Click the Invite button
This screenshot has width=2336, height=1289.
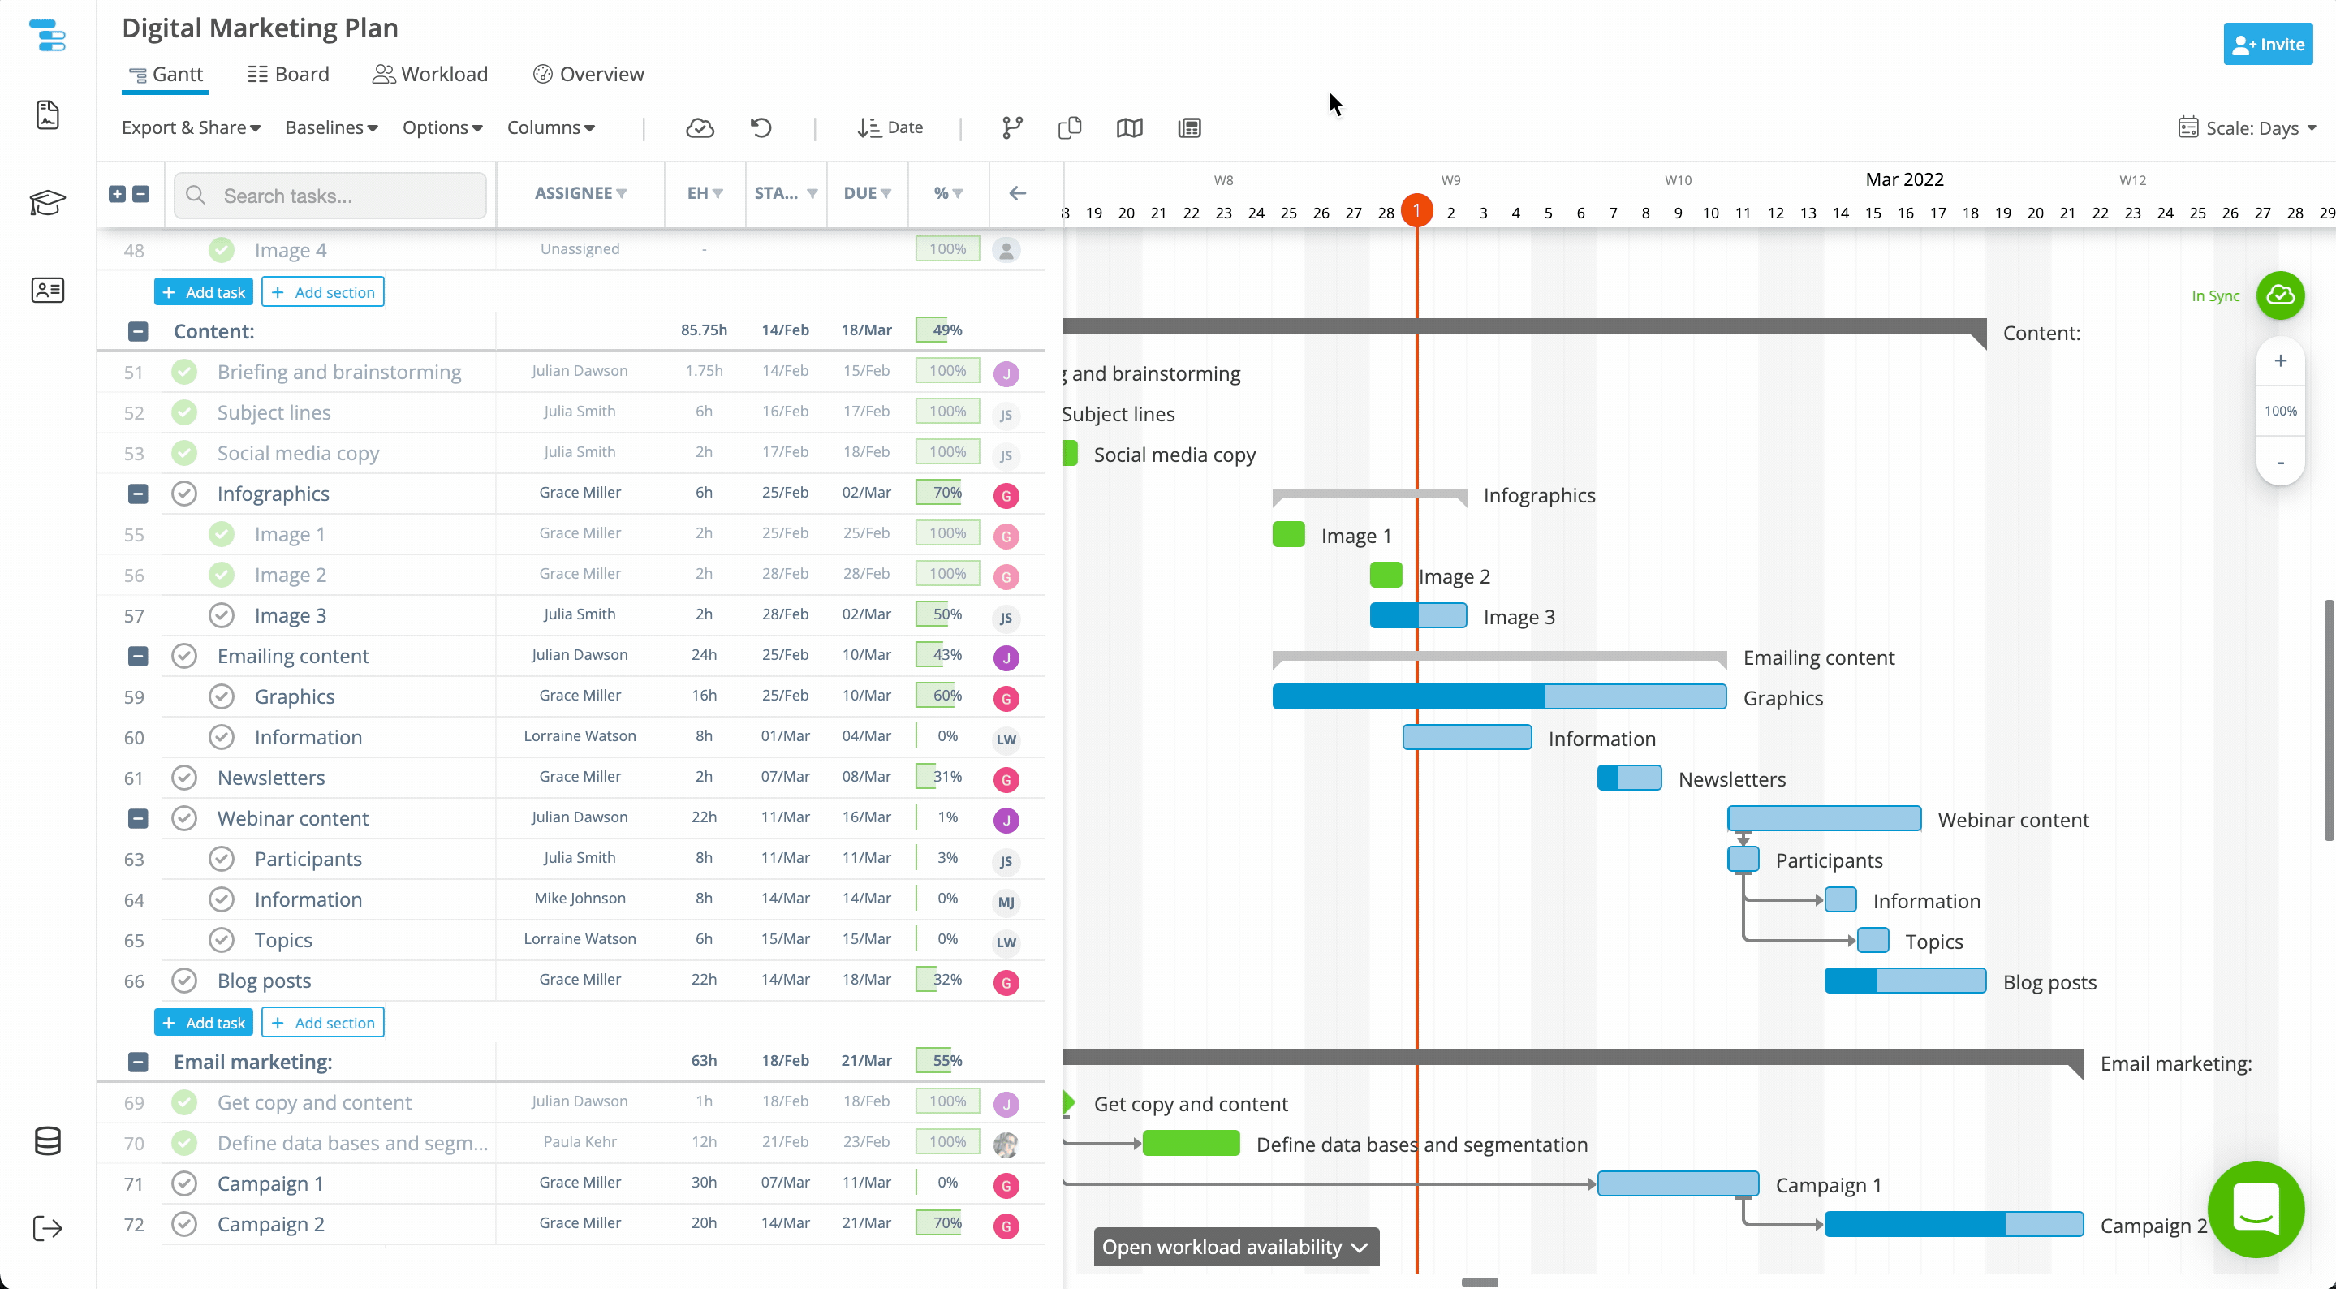(2267, 45)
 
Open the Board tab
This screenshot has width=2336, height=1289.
(288, 75)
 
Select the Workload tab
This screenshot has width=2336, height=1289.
(430, 75)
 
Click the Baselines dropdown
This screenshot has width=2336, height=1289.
(331, 128)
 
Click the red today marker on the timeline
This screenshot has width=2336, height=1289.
(1416, 210)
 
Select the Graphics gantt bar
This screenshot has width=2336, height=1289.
(1499, 696)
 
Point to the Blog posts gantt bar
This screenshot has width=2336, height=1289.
(1904, 981)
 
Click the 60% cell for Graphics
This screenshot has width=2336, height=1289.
(946, 696)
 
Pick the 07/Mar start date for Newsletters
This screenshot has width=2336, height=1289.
(786, 777)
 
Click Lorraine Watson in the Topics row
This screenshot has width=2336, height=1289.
(580, 939)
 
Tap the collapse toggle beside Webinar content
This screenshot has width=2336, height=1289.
(138, 818)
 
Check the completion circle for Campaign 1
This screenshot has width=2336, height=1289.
(184, 1183)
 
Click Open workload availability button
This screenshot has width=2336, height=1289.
(1235, 1248)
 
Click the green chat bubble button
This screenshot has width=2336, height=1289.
(2256, 1209)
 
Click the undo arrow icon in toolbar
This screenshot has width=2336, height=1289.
(761, 128)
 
